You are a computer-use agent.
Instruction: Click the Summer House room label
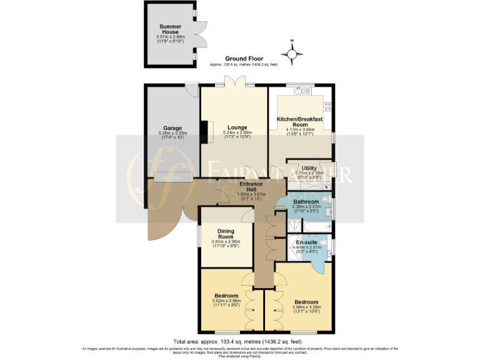coord(170,29)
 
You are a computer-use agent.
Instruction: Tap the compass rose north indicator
coord(292,49)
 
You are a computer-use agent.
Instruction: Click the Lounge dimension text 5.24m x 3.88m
coord(237,132)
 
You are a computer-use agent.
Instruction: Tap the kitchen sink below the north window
coord(302,91)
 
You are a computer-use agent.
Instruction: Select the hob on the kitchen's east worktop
coord(327,106)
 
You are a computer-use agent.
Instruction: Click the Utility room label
coord(309,168)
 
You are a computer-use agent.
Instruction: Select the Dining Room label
coord(226,234)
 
